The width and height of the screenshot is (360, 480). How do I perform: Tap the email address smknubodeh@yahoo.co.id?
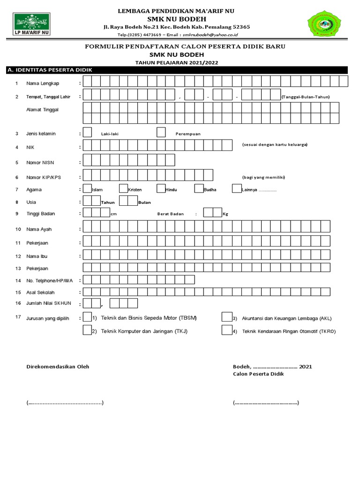coord(210,35)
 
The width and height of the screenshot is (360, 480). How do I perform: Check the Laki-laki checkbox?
coord(87,133)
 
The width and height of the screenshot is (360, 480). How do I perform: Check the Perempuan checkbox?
coord(161,133)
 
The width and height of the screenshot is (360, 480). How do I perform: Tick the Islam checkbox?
coord(87,189)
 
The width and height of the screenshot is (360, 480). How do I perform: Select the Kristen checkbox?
coord(124,189)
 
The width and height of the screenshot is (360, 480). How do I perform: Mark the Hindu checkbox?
coord(161,189)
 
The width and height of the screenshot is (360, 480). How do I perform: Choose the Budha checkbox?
coord(198,189)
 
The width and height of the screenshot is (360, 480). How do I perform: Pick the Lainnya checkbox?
coord(236,189)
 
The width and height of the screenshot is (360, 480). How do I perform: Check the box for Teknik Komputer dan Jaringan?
coord(87,330)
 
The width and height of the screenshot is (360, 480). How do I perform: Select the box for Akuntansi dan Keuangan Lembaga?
coord(227,317)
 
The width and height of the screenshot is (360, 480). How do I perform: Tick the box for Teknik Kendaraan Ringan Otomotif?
coord(227,330)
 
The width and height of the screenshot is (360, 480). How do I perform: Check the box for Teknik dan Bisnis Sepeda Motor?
coord(87,317)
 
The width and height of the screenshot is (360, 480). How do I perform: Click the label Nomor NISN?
coord(41,163)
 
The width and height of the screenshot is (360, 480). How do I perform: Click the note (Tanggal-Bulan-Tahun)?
coord(306,97)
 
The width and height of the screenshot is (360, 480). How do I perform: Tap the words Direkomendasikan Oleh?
coord(58,367)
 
